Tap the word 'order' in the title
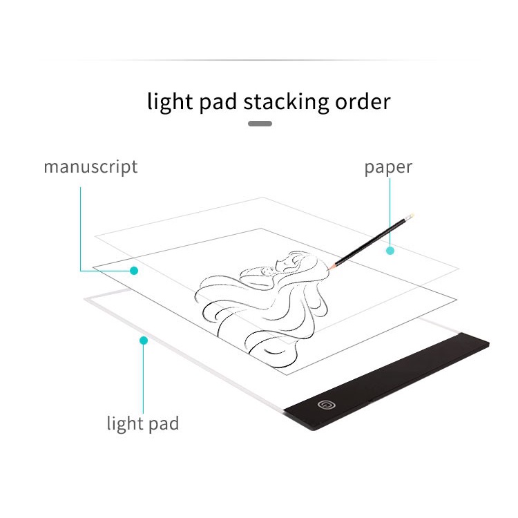coord(363,102)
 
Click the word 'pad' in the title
coord(216,102)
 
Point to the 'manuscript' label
coord(90,167)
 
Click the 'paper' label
coord(388,167)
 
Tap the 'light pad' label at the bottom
coord(142,423)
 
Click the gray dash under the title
coord(260,124)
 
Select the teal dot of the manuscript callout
coord(134,270)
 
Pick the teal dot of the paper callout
coord(390,250)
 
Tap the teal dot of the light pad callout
coord(143,340)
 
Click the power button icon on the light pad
coord(325,405)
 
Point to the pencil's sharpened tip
coord(331,266)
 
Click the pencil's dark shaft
coord(370,241)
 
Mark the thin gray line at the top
coord(259,60)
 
